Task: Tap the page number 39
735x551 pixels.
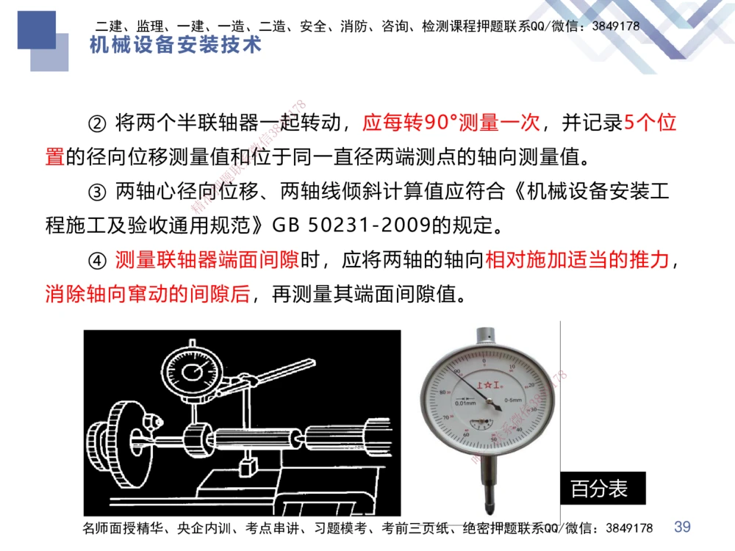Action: pyautogui.click(x=682, y=527)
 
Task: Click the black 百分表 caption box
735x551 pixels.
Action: pyautogui.click(x=599, y=489)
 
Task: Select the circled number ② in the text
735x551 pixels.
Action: pyautogui.click(x=100, y=123)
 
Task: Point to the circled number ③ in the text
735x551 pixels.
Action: pyautogui.click(x=100, y=192)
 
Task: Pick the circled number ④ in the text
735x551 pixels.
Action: pyautogui.click(x=100, y=261)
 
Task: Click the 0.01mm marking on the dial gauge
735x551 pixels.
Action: pyautogui.click(x=465, y=403)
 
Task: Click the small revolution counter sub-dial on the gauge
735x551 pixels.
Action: pyautogui.click(x=481, y=424)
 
